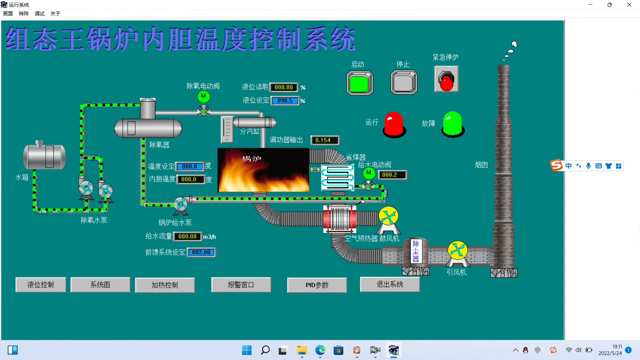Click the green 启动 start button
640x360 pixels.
(360, 83)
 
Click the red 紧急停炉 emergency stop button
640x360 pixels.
(446, 80)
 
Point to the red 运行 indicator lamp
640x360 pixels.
(394, 124)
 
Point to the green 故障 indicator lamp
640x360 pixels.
(453, 124)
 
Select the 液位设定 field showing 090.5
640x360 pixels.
(285, 101)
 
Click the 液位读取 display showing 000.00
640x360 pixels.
(284, 87)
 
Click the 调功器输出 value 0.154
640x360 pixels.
(324, 140)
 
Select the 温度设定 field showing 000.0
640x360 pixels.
(189, 166)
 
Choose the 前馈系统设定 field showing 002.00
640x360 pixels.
(201, 252)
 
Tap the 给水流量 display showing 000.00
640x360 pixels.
(188, 236)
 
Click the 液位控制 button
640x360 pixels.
(41, 285)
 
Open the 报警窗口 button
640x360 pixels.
(241, 285)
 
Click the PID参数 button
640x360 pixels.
(317, 285)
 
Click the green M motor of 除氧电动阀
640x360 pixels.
(203, 96)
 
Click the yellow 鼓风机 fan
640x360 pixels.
(388, 216)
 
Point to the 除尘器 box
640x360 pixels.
(416, 251)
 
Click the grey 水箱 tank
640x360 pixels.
(44, 156)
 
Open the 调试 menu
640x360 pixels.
(39, 14)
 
